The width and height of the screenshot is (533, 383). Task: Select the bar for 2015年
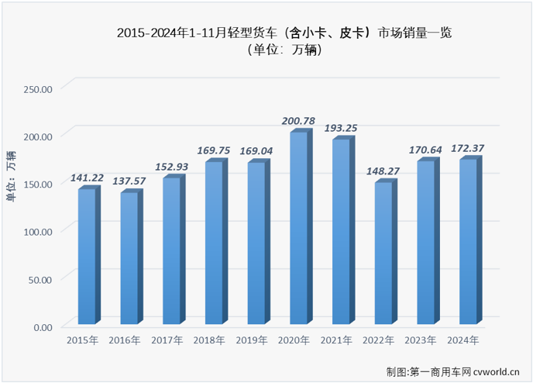pos(87,257)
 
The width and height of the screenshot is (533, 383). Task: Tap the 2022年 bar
pos(383,253)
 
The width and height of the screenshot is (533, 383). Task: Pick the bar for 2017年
pos(171,251)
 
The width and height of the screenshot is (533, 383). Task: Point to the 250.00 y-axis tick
pos(36,88)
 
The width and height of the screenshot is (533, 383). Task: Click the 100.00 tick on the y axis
pos(36,231)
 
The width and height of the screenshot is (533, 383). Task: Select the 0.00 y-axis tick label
pos(42,326)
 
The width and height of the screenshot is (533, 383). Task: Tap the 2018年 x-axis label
pos(208,340)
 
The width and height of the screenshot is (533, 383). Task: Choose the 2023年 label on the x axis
pos(420,340)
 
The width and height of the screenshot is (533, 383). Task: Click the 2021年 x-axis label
pos(335,340)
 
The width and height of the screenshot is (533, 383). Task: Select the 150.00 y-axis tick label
pos(36,184)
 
